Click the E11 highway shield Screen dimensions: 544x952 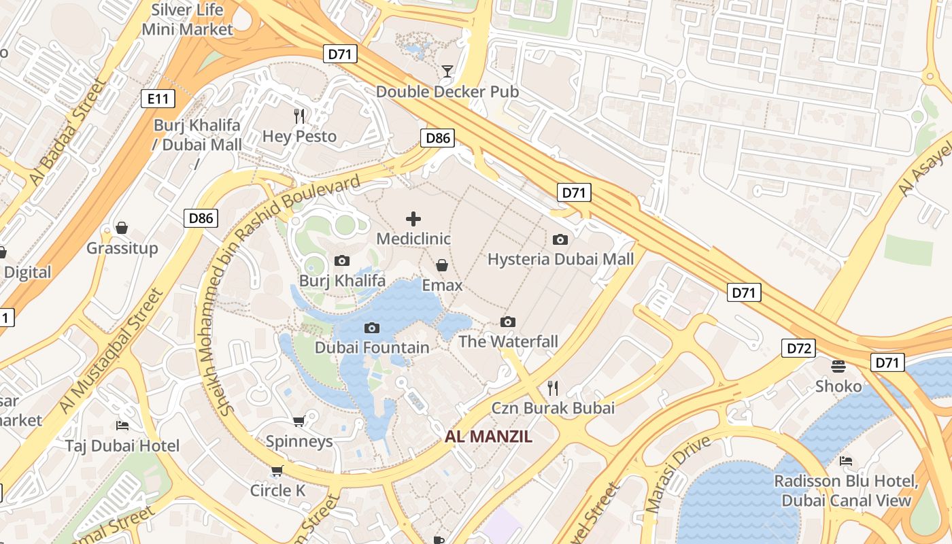(158, 99)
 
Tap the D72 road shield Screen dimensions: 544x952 (798, 349)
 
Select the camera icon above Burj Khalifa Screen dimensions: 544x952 (342, 260)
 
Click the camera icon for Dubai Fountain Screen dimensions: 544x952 (371, 328)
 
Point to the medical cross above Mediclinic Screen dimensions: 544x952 (413, 219)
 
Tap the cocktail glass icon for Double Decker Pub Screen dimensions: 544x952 (447, 71)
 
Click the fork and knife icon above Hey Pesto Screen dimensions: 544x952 (299, 116)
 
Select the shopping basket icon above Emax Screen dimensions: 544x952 (442, 265)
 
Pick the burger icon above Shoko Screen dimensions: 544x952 (838, 367)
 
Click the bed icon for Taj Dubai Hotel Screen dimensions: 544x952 (122, 426)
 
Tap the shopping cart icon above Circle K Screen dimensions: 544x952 (277, 471)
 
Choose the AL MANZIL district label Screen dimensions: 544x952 (488, 437)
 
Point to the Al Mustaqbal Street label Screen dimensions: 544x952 (112, 351)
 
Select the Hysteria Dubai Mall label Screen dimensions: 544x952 (560, 259)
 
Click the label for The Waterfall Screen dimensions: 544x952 (508, 341)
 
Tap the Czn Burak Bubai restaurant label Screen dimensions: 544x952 (553, 408)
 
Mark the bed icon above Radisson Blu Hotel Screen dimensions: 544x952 (846, 461)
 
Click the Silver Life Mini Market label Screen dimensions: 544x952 (188, 20)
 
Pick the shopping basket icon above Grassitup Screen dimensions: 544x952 (122, 228)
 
